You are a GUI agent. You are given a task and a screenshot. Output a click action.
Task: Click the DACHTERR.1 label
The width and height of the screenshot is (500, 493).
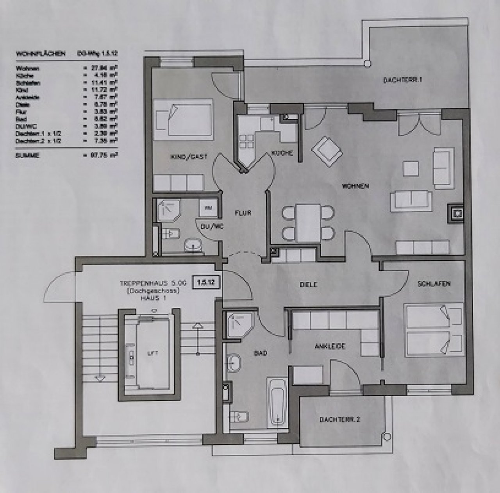pyautogui.click(x=403, y=80)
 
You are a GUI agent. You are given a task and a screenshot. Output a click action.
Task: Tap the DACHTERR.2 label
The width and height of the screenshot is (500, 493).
pyautogui.click(x=339, y=420)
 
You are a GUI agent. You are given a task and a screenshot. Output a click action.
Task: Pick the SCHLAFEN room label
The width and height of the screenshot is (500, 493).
pyautogui.click(x=434, y=284)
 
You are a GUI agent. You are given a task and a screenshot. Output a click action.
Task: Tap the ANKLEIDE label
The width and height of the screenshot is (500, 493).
pyautogui.click(x=330, y=346)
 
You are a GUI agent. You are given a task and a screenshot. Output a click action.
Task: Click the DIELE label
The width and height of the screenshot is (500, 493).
pyautogui.click(x=309, y=285)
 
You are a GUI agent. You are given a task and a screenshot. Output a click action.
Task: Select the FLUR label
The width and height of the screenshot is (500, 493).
pyautogui.click(x=243, y=213)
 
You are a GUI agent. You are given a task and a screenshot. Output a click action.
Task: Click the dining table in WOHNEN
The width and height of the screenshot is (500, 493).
pyautogui.click(x=308, y=222)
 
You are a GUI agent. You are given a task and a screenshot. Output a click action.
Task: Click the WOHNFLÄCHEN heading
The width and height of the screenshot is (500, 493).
pyautogui.click(x=40, y=54)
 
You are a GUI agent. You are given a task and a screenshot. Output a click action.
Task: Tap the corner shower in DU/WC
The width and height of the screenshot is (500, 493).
pyautogui.click(x=168, y=211)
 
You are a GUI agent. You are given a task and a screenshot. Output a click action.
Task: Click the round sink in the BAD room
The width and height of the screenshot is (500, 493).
pyautogui.click(x=234, y=362)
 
